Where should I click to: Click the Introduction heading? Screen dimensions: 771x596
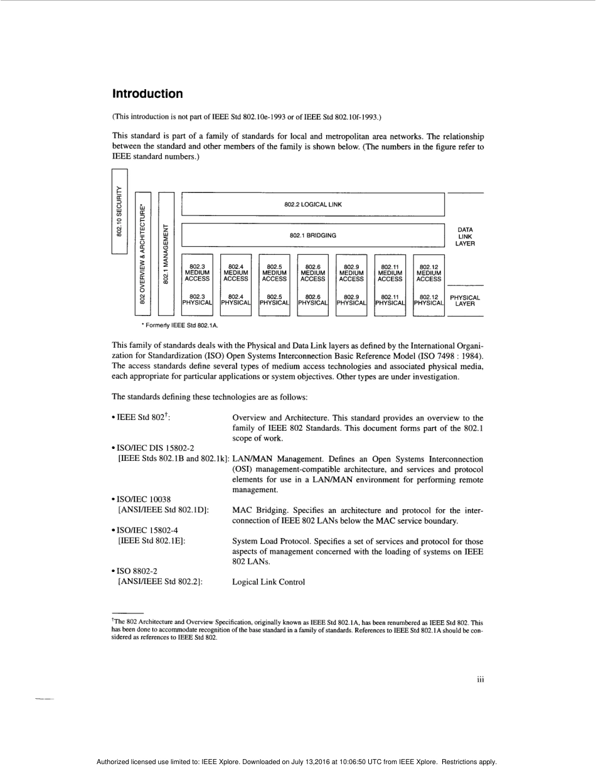[147, 94]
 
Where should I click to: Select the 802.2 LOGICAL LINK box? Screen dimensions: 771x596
[313, 204]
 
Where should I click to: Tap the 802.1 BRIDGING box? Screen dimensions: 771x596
[313, 235]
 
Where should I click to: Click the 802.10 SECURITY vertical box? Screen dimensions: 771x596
[119, 211]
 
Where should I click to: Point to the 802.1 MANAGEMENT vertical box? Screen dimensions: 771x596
[166, 254]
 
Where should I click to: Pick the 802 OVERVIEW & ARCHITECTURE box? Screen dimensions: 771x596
[142, 254]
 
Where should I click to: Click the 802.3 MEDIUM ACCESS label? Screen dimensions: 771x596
[197, 272]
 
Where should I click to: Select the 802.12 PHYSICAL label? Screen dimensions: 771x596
[428, 301]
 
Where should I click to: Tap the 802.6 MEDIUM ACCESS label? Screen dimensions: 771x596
[313, 272]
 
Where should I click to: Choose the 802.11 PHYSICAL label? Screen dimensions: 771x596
[390, 301]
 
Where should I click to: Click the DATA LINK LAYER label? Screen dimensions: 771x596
[465, 237]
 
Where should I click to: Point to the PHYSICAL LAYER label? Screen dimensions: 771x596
[465, 301]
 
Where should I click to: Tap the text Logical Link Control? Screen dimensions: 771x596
[269, 582]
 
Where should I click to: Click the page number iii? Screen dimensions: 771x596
[480, 679]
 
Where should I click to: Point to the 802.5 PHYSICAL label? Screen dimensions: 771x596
[274, 301]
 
